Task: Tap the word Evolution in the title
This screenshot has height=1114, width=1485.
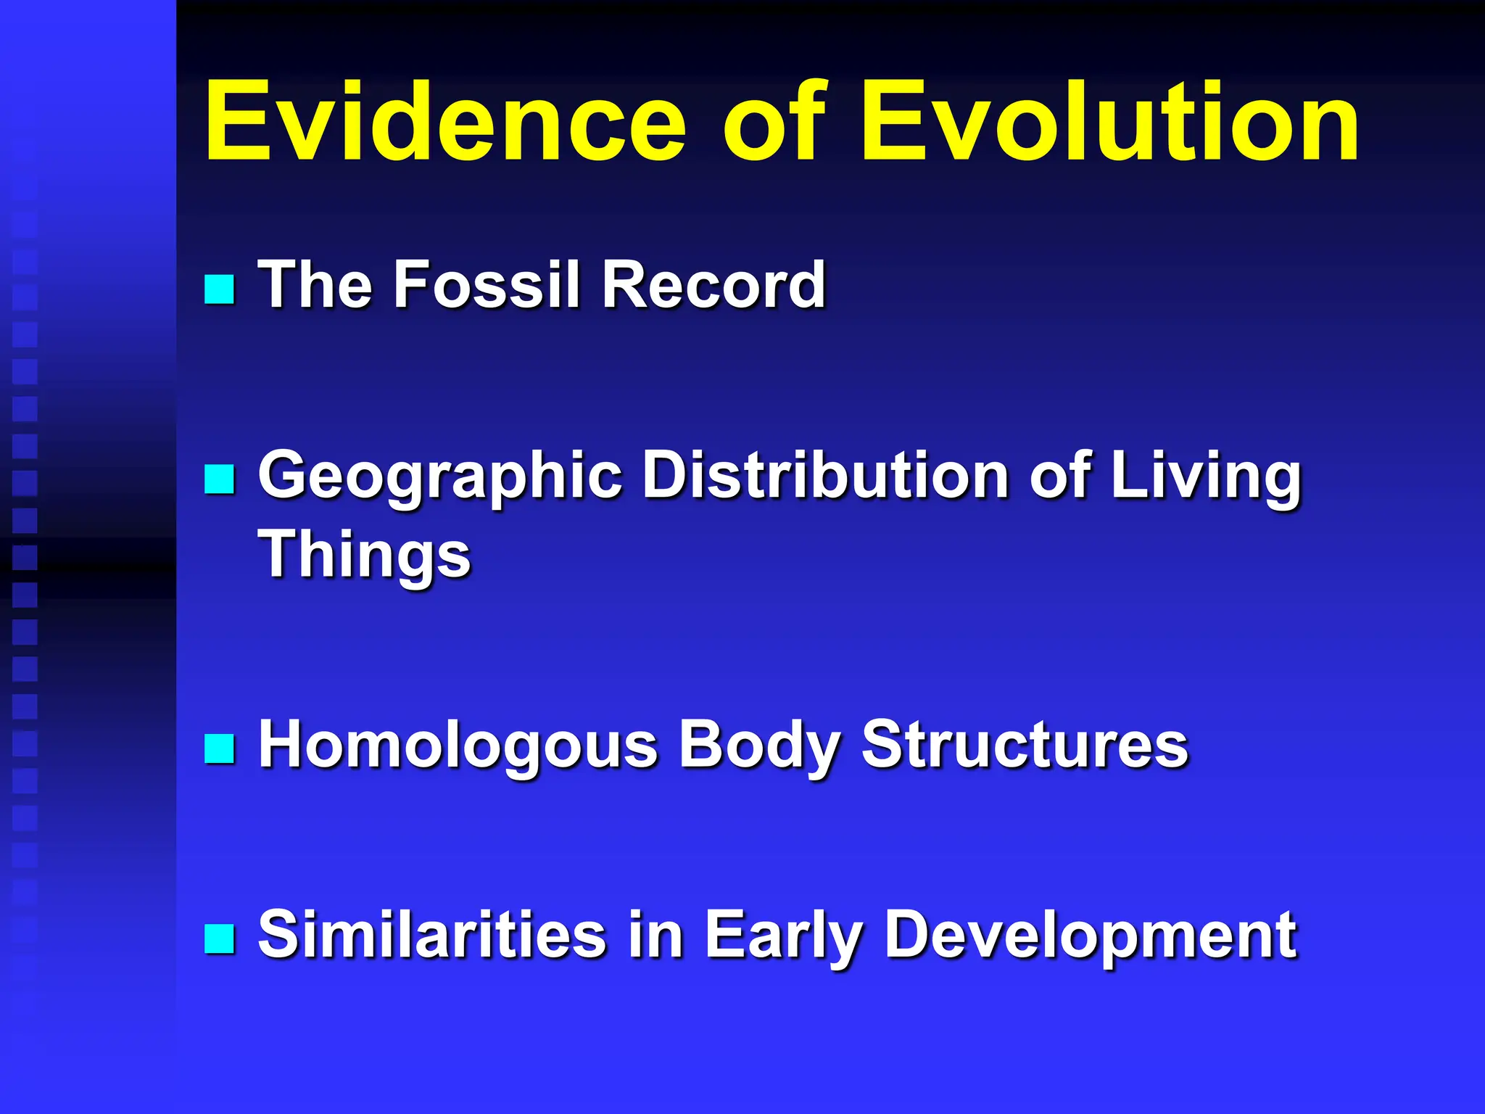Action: pyautogui.click(x=1109, y=122)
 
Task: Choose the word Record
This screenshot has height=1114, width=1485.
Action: pyautogui.click(x=713, y=284)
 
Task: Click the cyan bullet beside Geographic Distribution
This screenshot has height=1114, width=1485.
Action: pyautogui.click(x=219, y=479)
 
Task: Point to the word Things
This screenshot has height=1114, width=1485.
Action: pyautogui.click(x=364, y=555)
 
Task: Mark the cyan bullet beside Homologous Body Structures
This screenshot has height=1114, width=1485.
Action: pyautogui.click(x=219, y=749)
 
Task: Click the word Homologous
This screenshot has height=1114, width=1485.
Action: pyautogui.click(x=458, y=747)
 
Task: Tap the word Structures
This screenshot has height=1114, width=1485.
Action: pyautogui.click(x=1025, y=746)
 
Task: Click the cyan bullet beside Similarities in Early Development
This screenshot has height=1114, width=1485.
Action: pyautogui.click(x=219, y=938)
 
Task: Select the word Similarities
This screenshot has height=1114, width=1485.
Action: pyautogui.click(x=432, y=935)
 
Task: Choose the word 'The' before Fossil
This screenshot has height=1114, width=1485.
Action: pyautogui.click(x=315, y=284)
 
